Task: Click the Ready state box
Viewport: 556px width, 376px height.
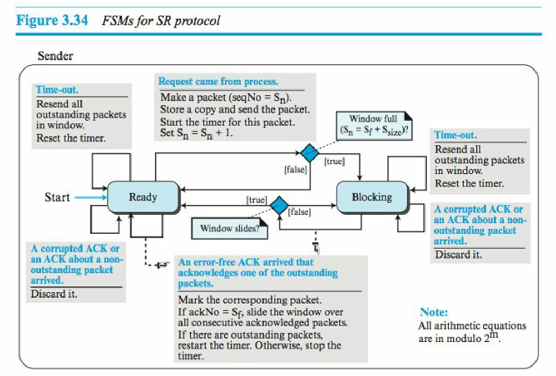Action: coord(144,197)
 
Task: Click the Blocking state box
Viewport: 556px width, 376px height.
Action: coord(372,197)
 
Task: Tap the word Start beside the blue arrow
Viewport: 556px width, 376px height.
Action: coord(57,197)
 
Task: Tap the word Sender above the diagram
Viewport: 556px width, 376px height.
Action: coord(55,55)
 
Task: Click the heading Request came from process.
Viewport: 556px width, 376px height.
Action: coord(218,82)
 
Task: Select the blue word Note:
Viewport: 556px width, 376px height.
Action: coord(434,312)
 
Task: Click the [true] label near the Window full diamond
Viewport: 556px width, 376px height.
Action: coord(334,162)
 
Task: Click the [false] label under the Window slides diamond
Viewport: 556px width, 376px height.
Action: coord(299,212)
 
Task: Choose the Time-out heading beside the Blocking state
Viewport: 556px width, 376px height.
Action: coord(453,135)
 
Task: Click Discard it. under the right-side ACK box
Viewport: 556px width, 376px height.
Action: coord(458,255)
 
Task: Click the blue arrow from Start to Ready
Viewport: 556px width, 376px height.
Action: coord(90,197)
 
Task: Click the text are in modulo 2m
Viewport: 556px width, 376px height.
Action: coord(458,338)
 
